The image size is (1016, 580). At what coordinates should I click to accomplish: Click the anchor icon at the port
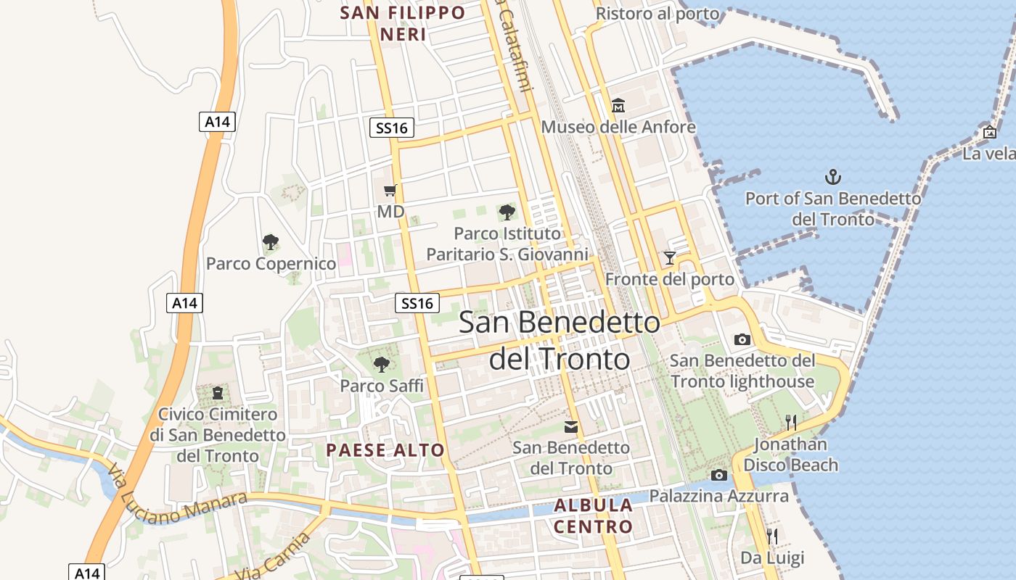[833, 176]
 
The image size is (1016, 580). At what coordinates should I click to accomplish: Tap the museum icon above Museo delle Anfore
[618, 106]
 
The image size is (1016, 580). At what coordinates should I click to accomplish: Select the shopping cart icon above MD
[390, 191]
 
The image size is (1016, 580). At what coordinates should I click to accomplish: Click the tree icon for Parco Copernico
[271, 241]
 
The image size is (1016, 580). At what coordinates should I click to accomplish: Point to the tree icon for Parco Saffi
[381, 364]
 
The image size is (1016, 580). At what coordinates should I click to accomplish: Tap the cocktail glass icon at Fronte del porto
[669, 258]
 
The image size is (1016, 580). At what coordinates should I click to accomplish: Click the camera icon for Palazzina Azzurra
[719, 475]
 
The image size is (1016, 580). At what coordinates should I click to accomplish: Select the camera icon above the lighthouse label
[742, 339]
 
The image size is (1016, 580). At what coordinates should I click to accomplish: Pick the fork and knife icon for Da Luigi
[772, 536]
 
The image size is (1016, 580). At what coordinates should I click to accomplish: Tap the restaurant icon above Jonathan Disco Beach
[791, 422]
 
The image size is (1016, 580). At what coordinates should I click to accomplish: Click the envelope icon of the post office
[571, 426]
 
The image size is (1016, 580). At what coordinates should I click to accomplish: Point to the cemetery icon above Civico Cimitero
[218, 393]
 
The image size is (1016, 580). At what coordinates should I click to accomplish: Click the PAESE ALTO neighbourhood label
[385, 450]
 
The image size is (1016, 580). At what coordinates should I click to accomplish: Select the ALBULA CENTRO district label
[593, 515]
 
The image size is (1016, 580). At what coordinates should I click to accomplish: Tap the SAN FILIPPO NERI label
[403, 23]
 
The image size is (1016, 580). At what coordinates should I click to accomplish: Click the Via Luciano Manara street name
[177, 497]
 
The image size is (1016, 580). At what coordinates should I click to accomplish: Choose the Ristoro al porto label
[657, 14]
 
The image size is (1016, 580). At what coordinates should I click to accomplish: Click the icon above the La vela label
[989, 132]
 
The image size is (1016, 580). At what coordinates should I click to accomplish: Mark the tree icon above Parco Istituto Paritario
[507, 212]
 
